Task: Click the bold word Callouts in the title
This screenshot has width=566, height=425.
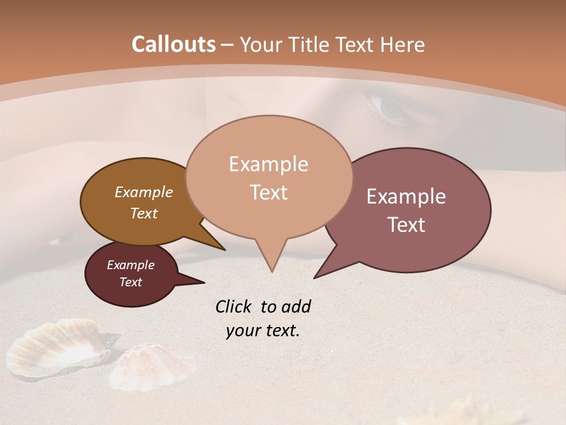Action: pos(173,44)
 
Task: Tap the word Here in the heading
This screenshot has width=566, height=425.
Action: pos(402,44)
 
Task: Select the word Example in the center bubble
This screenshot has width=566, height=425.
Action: pos(268,164)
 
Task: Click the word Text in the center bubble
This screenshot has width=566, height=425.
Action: pos(268,192)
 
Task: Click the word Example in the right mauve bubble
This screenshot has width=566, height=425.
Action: pos(406,197)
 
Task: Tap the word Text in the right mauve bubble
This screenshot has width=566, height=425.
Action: pos(407,225)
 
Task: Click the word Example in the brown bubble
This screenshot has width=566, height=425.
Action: pos(143,192)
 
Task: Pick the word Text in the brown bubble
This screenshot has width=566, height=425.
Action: pos(143,213)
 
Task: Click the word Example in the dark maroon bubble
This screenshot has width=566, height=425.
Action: pos(130,265)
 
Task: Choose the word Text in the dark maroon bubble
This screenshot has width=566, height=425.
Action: pos(130,282)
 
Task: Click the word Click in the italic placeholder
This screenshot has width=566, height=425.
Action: pos(234,306)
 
